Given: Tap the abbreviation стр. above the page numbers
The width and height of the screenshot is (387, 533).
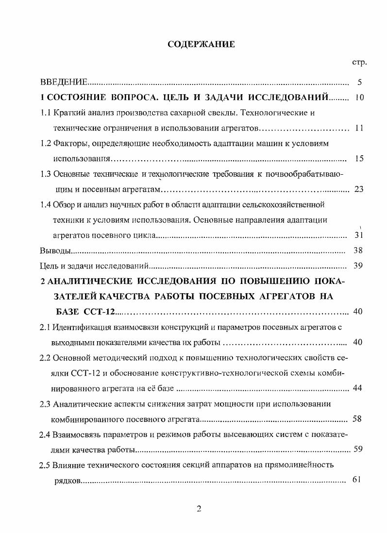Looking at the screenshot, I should [359, 63].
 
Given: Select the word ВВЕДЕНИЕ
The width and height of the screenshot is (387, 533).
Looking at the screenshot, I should [64, 82].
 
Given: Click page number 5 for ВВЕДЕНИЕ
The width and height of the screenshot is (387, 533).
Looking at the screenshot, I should [359, 82].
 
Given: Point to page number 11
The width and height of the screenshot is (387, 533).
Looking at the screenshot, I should [359, 128].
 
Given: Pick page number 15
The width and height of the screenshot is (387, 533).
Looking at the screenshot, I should [359, 159].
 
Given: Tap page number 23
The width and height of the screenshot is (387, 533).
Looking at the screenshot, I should [359, 189].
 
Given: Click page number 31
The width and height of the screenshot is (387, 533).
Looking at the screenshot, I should [359, 235].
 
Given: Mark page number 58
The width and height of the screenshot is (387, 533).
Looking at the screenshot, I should [356, 419].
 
